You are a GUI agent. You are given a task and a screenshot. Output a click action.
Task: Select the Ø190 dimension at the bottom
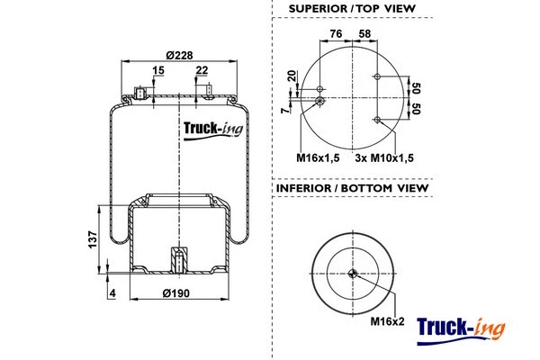178,293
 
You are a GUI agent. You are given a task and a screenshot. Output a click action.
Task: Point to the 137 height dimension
92,240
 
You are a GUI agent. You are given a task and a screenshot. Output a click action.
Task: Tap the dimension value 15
158,71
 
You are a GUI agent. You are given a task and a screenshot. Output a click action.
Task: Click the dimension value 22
202,71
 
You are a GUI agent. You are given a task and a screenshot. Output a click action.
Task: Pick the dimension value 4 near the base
112,293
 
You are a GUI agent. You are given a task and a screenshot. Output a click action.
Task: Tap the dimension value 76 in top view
335,34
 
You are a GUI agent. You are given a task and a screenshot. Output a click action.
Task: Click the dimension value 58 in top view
364,34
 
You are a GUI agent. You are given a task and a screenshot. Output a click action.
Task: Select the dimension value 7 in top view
283,110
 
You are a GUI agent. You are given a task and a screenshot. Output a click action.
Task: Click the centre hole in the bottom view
355,275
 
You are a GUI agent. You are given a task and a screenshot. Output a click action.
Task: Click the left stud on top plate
141,91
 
